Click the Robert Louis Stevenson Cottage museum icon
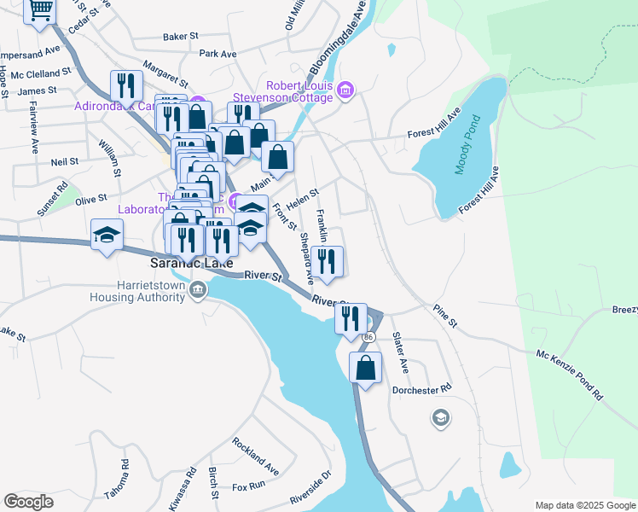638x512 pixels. tap(345, 90)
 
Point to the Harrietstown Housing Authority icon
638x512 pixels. tap(197, 291)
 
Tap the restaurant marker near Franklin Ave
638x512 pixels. tap(327, 261)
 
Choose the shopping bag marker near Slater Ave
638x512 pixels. tap(365, 369)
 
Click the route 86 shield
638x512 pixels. tap(368, 338)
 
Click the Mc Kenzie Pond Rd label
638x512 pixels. tap(569, 375)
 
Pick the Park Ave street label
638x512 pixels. tap(217, 54)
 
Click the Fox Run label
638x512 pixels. tap(249, 487)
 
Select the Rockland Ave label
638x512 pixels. tap(255, 457)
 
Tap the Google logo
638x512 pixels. tap(28, 502)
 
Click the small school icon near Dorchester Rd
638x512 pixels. tap(440, 418)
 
